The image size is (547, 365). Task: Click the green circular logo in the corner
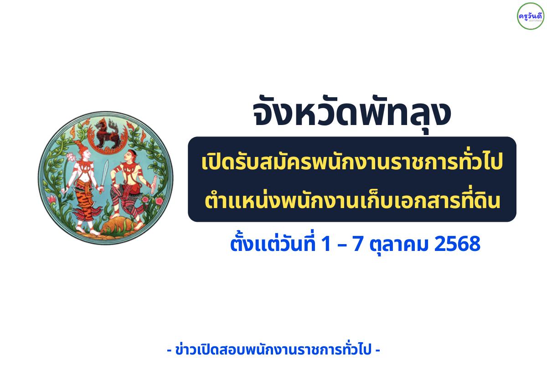(x=530, y=16)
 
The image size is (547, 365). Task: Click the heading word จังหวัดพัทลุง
(x=351, y=115)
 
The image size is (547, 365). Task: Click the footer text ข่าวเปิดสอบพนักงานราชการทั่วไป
(x=273, y=350)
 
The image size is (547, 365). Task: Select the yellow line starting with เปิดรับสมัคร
(x=352, y=164)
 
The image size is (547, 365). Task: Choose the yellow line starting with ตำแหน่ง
(x=352, y=200)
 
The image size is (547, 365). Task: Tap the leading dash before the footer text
(x=170, y=350)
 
